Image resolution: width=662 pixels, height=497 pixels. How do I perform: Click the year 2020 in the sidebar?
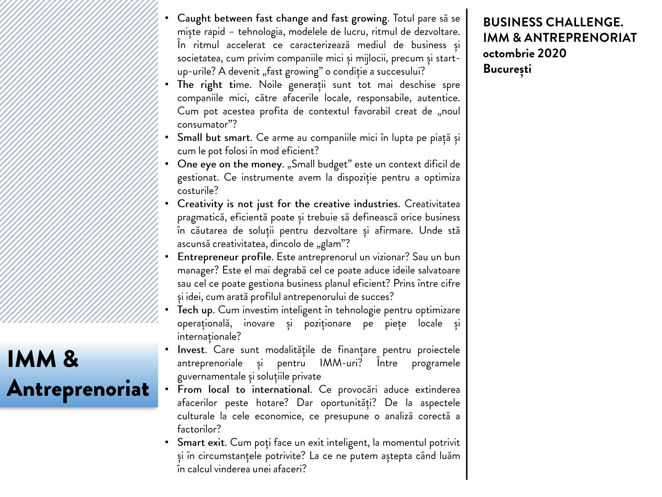click(552, 53)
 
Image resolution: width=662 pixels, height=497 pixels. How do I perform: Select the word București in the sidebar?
click(507, 69)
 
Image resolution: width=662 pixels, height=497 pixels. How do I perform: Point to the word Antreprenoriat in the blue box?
click(78, 389)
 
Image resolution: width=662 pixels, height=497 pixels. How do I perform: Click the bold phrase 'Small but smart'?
click(214, 138)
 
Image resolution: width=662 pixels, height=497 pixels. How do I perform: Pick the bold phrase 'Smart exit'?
click(201, 442)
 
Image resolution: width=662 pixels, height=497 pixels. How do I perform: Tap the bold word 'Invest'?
click(192, 350)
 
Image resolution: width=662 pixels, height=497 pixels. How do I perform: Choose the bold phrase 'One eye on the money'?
click(229, 164)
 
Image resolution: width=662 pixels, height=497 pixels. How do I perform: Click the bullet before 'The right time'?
click(167, 85)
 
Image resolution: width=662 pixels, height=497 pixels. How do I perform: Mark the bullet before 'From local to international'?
click(167, 389)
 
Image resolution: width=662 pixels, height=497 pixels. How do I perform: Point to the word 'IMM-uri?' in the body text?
click(341, 363)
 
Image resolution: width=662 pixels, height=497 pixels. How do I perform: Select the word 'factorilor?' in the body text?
click(199, 429)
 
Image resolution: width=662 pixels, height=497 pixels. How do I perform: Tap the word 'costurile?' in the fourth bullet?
click(198, 191)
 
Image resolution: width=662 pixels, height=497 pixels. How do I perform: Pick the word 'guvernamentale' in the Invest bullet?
click(211, 376)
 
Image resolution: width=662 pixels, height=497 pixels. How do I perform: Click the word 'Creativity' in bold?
click(200, 204)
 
